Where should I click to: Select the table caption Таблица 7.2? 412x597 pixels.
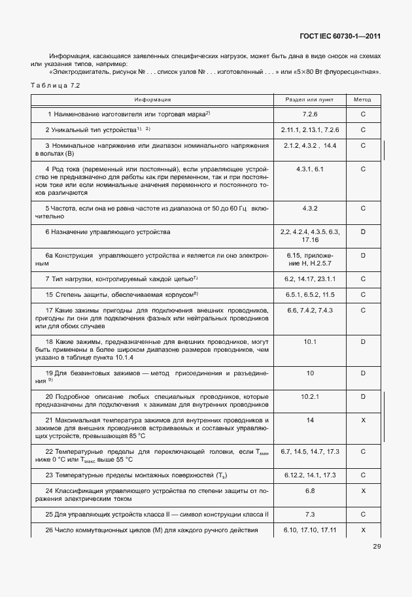click(x=55, y=86)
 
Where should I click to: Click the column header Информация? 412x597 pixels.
click(x=152, y=100)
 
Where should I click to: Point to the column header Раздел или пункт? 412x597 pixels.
click(x=310, y=100)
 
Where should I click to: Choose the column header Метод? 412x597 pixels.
click(x=362, y=100)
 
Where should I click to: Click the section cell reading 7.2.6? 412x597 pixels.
click(x=310, y=114)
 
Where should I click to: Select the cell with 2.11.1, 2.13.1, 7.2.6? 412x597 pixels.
click(x=310, y=130)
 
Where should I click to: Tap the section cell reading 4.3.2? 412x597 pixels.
click(x=310, y=209)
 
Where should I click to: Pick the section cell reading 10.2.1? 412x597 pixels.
click(x=310, y=396)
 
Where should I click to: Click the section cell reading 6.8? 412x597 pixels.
click(x=310, y=490)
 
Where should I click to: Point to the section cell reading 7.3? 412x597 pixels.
click(x=310, y=514)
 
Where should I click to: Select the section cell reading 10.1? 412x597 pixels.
click(x=310, y=341)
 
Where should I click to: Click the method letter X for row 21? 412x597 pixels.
click(x=362, y=420)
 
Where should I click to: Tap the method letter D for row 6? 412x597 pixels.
click(x=362, y=232)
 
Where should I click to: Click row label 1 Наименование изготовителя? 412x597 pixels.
click(x=128, y=114)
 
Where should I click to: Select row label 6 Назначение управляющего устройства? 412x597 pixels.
click(x=108, y=232)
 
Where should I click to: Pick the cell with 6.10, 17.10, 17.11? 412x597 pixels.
click(x=310, y=530)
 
